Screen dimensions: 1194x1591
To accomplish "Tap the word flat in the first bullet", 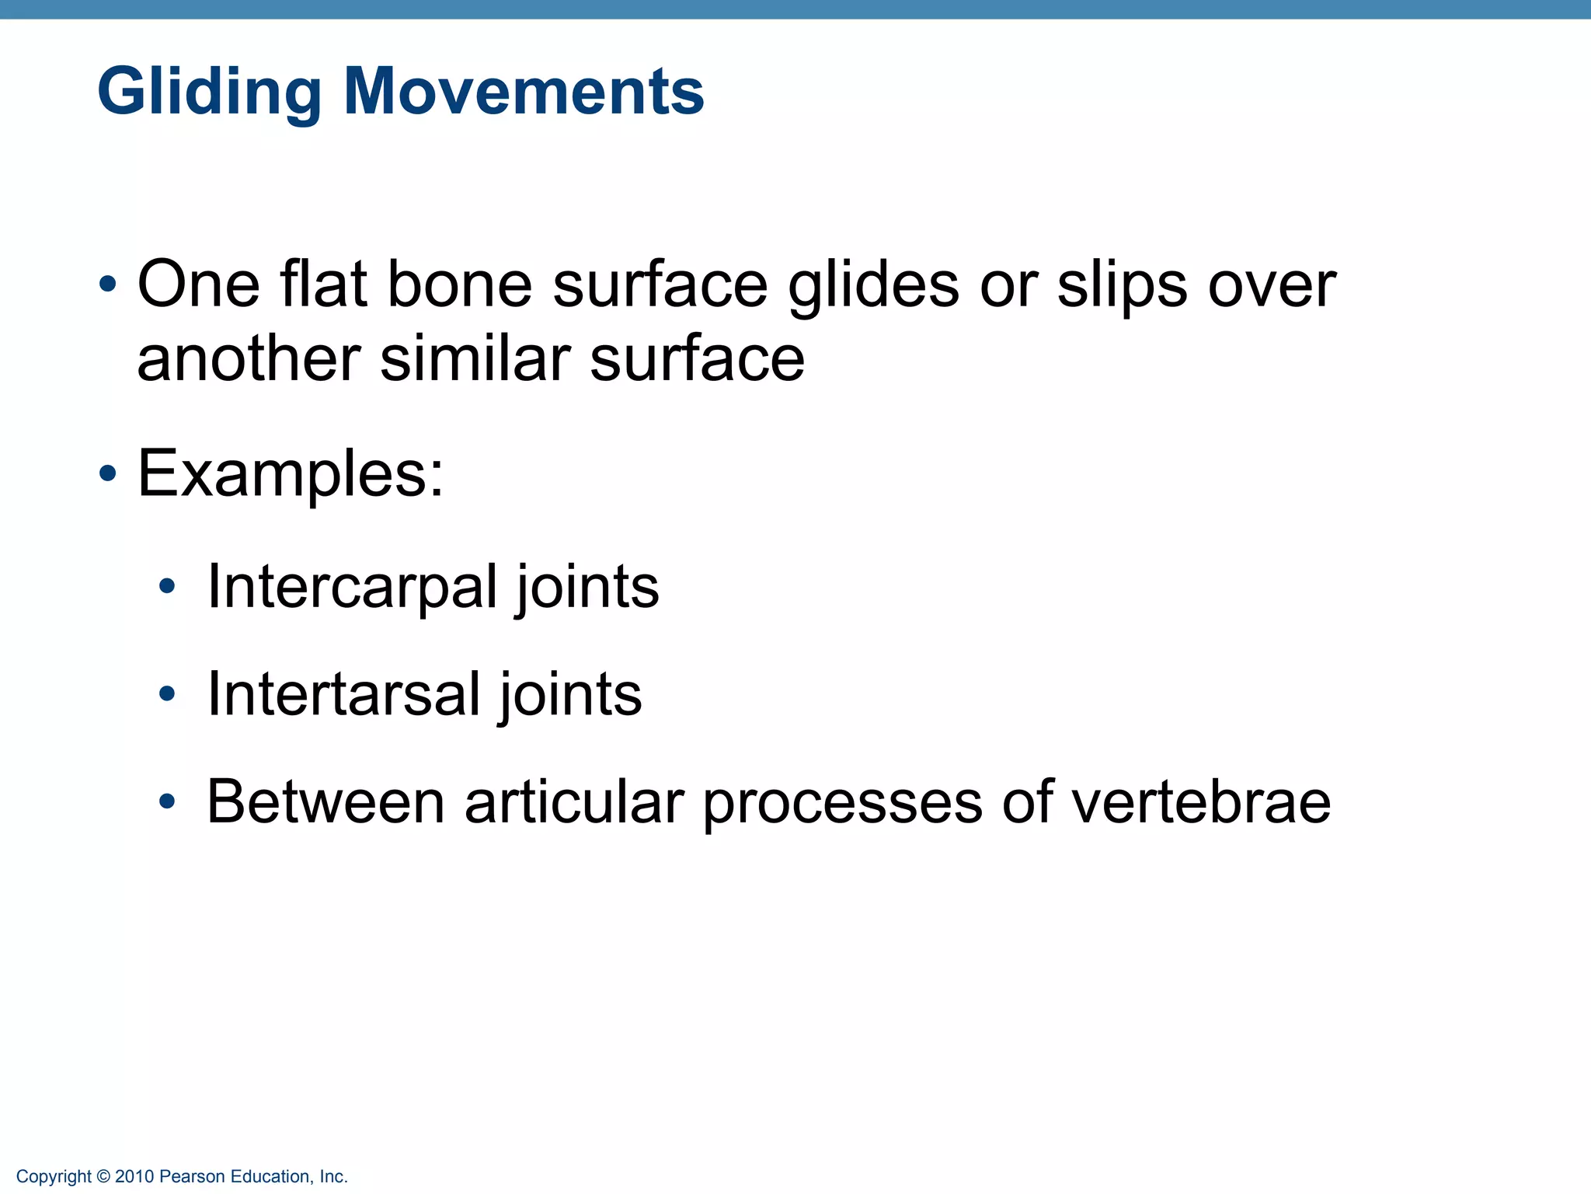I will pos(323,285).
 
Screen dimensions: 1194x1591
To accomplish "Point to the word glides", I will pos(873,286).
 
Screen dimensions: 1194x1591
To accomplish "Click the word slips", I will pos(1122,286).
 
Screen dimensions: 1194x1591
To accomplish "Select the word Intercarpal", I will pos(352,587).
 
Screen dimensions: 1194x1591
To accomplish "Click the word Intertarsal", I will pos(343,694).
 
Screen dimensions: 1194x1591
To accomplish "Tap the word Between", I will pos(326,802).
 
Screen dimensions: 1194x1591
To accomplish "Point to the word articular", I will pos(574,802).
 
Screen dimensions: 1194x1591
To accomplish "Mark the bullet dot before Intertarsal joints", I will pos(167,693).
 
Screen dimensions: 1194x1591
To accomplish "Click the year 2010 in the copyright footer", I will pos(134,1177).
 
